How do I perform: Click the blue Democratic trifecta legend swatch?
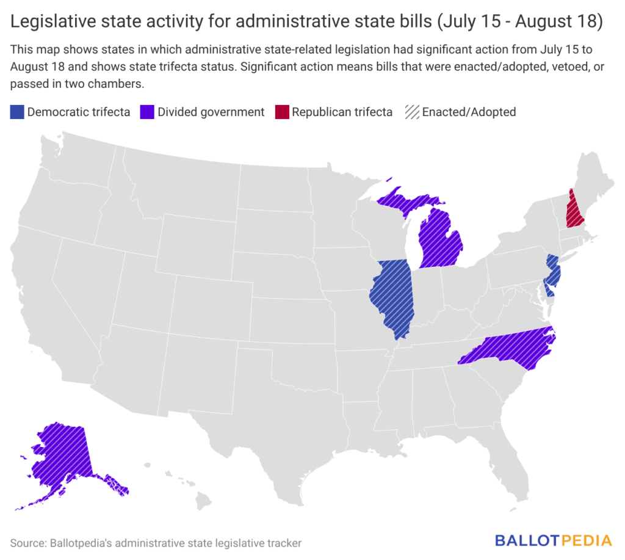pos(16,112)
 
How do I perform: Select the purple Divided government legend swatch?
pos(147,112)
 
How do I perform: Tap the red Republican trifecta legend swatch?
pos(282,112)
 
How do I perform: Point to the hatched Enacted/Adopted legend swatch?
pos(412,112)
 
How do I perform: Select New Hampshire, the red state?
pos(574,211)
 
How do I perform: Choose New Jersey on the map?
pos(553,271)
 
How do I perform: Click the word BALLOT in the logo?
pos(527,541)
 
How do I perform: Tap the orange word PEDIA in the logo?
pos(586,541)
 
